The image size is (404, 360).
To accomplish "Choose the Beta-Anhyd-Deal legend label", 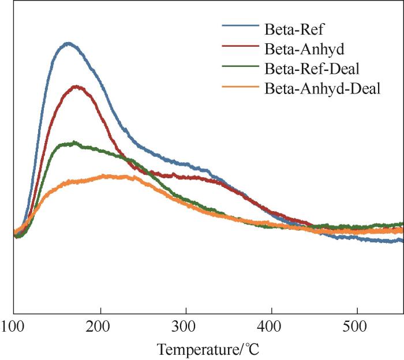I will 323,89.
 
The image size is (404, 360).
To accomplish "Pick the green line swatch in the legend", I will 240,68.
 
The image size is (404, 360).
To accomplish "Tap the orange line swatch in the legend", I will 240,89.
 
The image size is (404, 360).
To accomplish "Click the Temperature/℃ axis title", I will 203,349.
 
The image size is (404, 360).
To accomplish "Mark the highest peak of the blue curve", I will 68,43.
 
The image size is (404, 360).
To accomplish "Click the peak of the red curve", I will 76,87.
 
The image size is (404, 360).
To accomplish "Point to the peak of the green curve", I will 73,142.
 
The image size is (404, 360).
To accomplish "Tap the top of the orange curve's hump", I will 110,175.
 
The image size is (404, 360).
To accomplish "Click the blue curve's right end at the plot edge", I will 402,241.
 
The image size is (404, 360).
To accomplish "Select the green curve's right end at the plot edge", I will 402,224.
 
